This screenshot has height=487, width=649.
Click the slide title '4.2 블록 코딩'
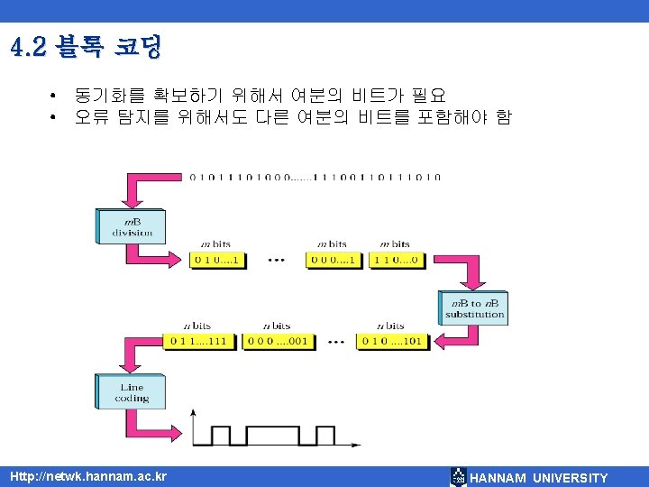point(87,47)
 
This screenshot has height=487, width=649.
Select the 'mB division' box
point(133,225)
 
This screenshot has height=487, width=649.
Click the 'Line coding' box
point(131,392)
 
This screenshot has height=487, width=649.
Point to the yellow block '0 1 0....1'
point(216,260)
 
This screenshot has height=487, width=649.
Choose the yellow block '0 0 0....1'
point(333,260)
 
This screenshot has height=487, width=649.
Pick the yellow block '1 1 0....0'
point(395,260)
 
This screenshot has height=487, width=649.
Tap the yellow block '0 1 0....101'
point(390,341)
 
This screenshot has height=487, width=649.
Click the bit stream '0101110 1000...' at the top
point(315,178)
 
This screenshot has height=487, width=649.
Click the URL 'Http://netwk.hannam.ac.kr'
point(87,476)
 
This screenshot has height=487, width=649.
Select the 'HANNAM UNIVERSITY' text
point(539,478)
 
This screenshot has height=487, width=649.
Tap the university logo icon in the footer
point(458,477)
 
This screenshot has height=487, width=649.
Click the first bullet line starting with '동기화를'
point(261,95)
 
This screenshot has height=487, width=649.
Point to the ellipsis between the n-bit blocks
point(334,342)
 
